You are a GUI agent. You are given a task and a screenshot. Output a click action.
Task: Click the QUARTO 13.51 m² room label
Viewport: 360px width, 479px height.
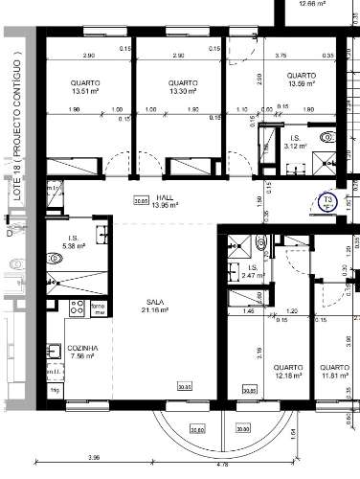(84, 87)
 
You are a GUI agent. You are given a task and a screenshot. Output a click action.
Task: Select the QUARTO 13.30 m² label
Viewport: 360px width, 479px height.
(181, 87)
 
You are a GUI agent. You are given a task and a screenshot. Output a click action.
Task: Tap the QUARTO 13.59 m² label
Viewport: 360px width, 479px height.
(302, 80)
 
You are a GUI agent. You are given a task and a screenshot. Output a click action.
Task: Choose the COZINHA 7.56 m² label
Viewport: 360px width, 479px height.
(79, 354)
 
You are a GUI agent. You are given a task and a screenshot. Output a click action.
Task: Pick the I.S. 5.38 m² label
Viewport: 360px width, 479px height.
(73, 242)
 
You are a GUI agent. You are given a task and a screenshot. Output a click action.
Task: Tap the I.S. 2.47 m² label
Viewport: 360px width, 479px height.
(251, 271)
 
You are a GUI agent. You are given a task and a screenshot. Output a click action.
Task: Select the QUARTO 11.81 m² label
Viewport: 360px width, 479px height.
(334, 372)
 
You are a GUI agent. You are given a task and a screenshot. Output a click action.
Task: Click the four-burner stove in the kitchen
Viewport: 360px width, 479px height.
(78, 308)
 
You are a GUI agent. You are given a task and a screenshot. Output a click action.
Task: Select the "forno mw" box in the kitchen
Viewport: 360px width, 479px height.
(98, 308)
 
